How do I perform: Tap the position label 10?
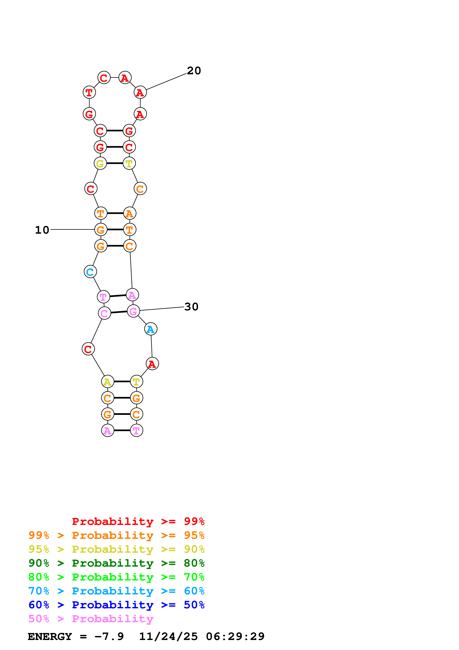(42, 230)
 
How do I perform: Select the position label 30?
(191, 307)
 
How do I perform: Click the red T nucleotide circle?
(89, 92)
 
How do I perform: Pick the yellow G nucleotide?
(100, 163)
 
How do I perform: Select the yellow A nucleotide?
(107, 382)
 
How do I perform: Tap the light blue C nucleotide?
(90, 272)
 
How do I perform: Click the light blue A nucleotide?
(151, 329)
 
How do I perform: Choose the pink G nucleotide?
(133, 311)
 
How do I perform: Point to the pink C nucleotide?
(104, 313)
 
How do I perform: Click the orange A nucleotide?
(130, 213)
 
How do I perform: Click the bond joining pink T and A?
(118, 296)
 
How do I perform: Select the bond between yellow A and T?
(122, 382)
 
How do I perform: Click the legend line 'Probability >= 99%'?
(138, 521)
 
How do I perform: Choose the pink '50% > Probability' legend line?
(91, 619)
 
